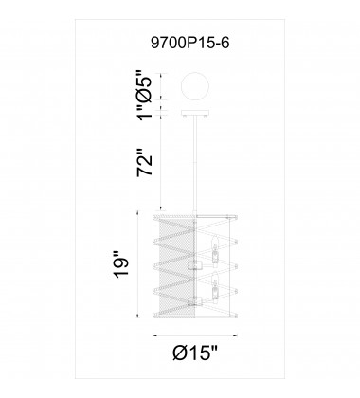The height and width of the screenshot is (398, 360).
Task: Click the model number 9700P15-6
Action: (x=190, y=43)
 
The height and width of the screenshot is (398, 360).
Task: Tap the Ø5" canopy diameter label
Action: (x=145, y=86)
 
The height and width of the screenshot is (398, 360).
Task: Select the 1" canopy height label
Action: (x=145, y=113)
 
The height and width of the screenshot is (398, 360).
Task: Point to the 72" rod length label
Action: (x=145, y=162)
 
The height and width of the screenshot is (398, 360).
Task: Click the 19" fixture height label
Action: (x=121, y=264)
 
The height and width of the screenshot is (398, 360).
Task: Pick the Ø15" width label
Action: (x=195, y=353)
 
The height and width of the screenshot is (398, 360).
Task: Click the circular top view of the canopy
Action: (x=195, y=87)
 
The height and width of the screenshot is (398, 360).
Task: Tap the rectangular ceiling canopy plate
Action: (x=195, y=113)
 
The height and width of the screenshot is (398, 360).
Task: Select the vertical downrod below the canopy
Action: (x=195, y=164)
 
